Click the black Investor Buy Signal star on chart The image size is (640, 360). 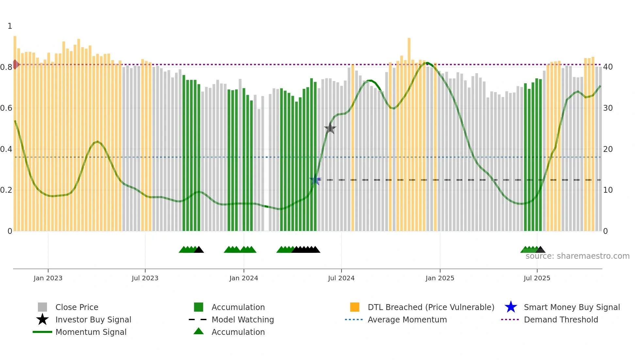click(330, 128)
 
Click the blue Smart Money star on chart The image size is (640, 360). click(315, 180)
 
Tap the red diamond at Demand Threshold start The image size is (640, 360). click(15, 64)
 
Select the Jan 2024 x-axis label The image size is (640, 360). click(244, 278)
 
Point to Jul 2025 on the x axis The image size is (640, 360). click(537, 278)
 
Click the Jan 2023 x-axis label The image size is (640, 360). click(48, 278)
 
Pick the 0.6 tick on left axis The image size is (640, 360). click(7, 108)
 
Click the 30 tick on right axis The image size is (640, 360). click(608, 108)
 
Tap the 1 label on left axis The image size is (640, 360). click(10, 26)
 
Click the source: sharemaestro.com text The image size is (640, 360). click(577, 256)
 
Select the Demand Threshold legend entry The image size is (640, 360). click(561, 319)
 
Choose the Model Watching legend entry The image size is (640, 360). click(243, 319)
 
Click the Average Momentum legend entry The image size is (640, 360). click(407, 319)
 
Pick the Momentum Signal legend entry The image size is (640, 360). click(91, 332)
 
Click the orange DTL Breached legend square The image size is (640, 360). click(355, 307)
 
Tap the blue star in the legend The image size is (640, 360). click(511, 307)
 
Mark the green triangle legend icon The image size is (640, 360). click(199, 332)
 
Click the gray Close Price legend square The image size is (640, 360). click(42, 307)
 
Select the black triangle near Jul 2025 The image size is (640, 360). click(540, 250)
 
